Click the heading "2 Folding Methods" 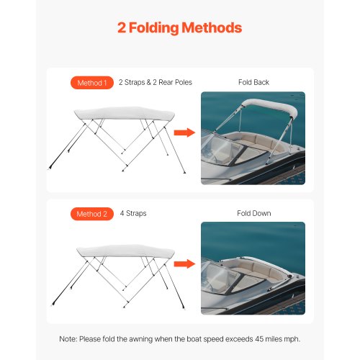180,28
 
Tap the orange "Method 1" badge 91,83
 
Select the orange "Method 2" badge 91,213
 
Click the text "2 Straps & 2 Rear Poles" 155,83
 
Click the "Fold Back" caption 253,83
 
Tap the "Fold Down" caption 253,213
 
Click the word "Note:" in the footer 69,338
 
